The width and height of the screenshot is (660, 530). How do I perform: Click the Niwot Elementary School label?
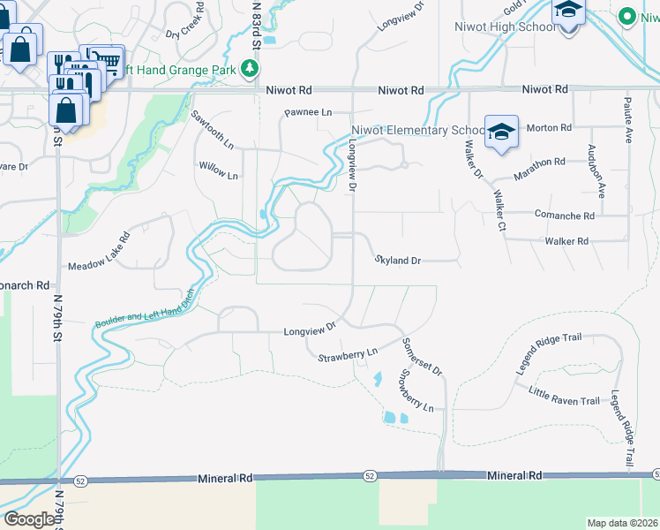tap(417, 130)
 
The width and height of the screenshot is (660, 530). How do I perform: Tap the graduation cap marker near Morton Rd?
tap(501, 133)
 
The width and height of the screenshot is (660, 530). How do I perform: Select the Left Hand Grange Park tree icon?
tap(252, 68)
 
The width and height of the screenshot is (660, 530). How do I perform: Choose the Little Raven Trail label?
tap(565, 395)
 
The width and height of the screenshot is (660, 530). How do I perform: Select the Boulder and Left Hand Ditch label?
tap(144, 310)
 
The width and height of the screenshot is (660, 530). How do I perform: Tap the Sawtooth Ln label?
tap(213, 129)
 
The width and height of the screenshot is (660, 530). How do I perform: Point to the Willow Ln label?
tap(218, 170)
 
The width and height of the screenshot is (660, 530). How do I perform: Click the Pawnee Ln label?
tap(307, 113)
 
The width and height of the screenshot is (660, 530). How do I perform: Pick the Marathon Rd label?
tap(540, 163)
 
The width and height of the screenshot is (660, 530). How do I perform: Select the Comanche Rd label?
tap(564, 215)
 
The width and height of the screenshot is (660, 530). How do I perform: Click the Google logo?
tap(29, 519)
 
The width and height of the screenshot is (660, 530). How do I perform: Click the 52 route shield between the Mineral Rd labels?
tap(369, 476)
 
